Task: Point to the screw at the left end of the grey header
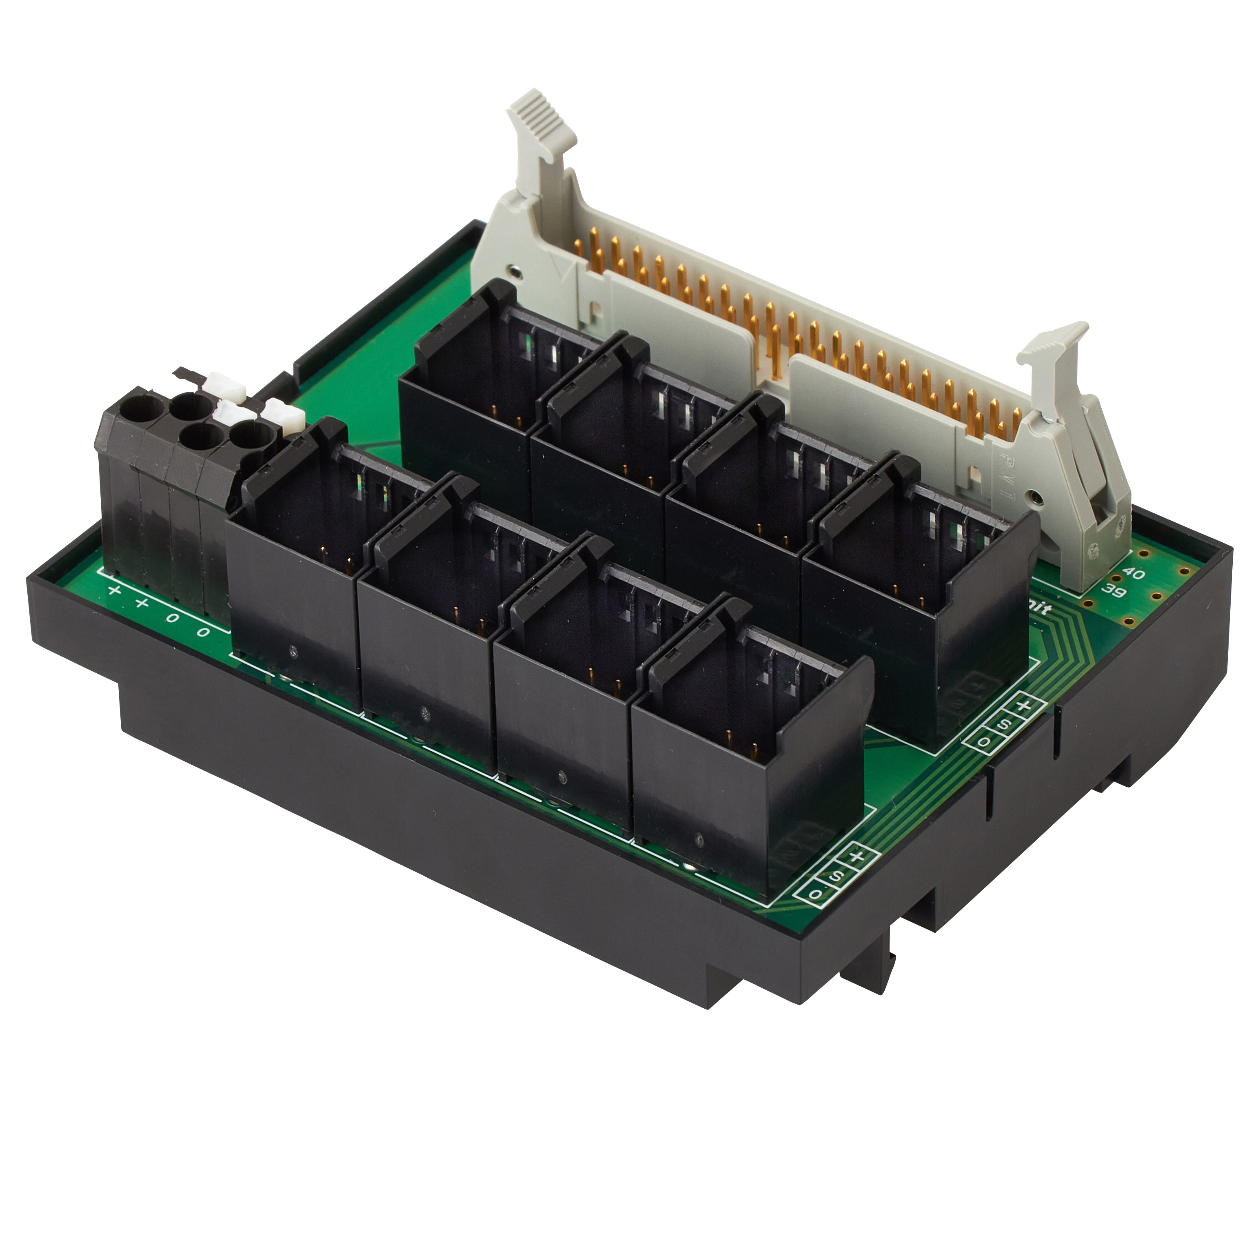coord(515,271)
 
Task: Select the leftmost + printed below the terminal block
coord(115,590)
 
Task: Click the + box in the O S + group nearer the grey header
coord(1024,706)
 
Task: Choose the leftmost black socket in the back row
coord(469,404)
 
